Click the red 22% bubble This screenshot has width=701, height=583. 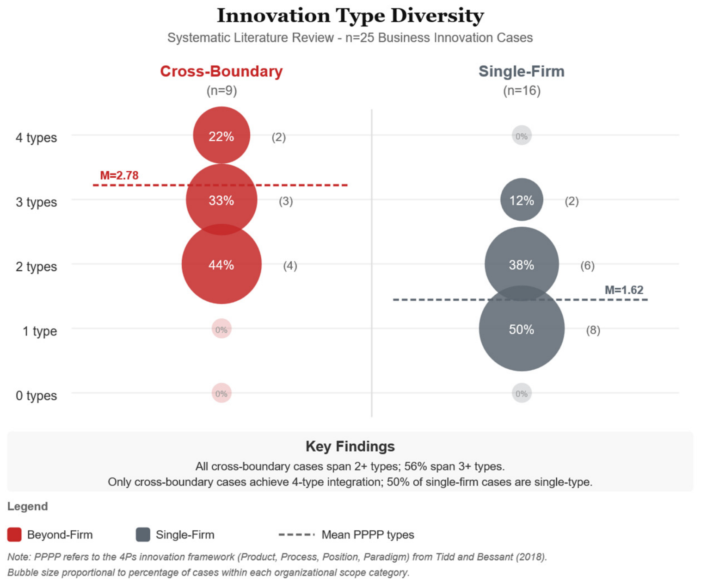pos(221,135)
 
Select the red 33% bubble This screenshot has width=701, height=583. pos(221,199)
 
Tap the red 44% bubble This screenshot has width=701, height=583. pos(221,264)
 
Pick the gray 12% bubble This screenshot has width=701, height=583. pos(522,199)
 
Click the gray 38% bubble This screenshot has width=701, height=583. pos(522,264)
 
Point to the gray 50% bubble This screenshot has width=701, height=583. pos(522,329)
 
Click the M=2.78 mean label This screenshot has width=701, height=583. pos(119,175)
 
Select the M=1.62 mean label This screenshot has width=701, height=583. pos(624,290)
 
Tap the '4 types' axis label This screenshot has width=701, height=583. pos(36,138)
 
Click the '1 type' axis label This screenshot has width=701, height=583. pos(40,331)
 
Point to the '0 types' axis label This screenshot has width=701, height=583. pos(36,396)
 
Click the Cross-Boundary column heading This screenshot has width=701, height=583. pos(221,71)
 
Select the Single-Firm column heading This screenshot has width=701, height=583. pos(522,71)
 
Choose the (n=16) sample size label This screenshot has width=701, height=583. pos(522,91)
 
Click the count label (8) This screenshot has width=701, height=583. pos(593,330)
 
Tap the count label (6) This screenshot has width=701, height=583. pos(587,266)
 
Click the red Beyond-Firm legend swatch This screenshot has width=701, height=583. pos(14,534)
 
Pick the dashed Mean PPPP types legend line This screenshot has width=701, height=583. pos(296,534)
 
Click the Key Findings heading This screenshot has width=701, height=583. pos(350,447)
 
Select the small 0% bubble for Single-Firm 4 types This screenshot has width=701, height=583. pos(522,136)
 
